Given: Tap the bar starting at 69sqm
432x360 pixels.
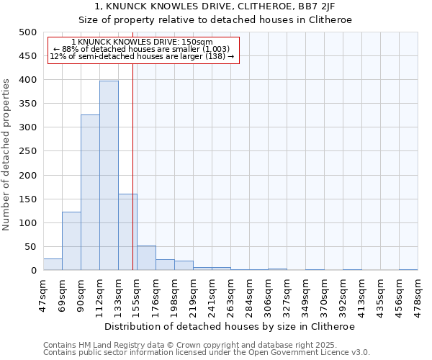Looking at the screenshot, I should click(x=71, y=240).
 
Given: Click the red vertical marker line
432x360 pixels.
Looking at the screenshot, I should click(x=133, y=166).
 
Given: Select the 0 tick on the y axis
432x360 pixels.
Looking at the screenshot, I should click(x=33, y=271).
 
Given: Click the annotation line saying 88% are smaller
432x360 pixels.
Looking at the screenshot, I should click(x=141, y=49).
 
